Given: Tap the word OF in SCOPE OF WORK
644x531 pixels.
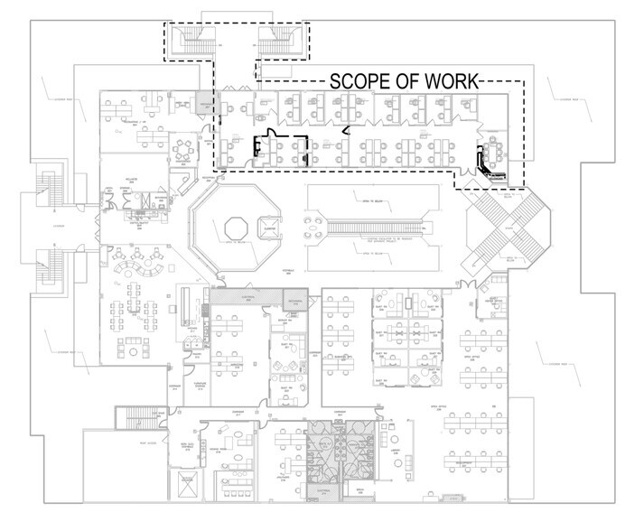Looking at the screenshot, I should point(406,79).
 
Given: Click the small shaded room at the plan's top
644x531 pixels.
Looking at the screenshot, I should point(207,103).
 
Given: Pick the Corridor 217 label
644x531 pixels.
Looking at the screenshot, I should point(173,391).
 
